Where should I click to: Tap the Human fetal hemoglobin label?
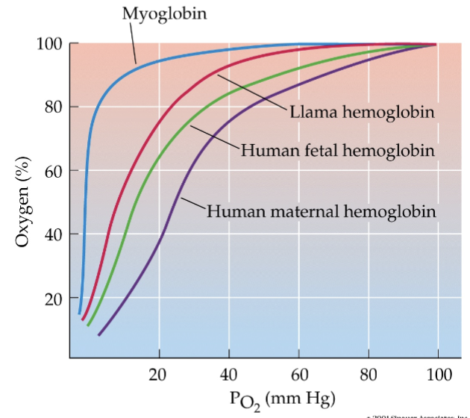tap(337, 151)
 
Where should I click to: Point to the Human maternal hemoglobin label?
tap(321, 210)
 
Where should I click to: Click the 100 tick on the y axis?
tap(48, 43)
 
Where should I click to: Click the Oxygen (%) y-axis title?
tap(22, 202)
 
